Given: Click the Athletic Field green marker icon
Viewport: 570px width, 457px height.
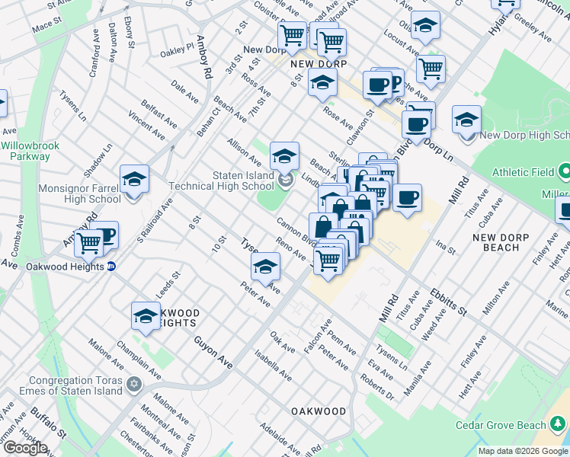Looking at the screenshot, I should tap(564, 171).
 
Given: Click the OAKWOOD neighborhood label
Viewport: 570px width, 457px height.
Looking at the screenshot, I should tap(319, 411).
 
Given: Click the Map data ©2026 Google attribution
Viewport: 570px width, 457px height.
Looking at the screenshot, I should tap(523, 451).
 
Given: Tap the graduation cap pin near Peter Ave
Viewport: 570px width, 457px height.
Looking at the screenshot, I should tap(265, 267).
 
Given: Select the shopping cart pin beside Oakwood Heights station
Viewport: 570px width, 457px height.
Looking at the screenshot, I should tap(89, 244).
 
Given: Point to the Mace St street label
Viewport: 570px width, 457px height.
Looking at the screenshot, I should tap(47, 25).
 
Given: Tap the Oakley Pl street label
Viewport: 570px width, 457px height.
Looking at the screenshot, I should tap(177, 50).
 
